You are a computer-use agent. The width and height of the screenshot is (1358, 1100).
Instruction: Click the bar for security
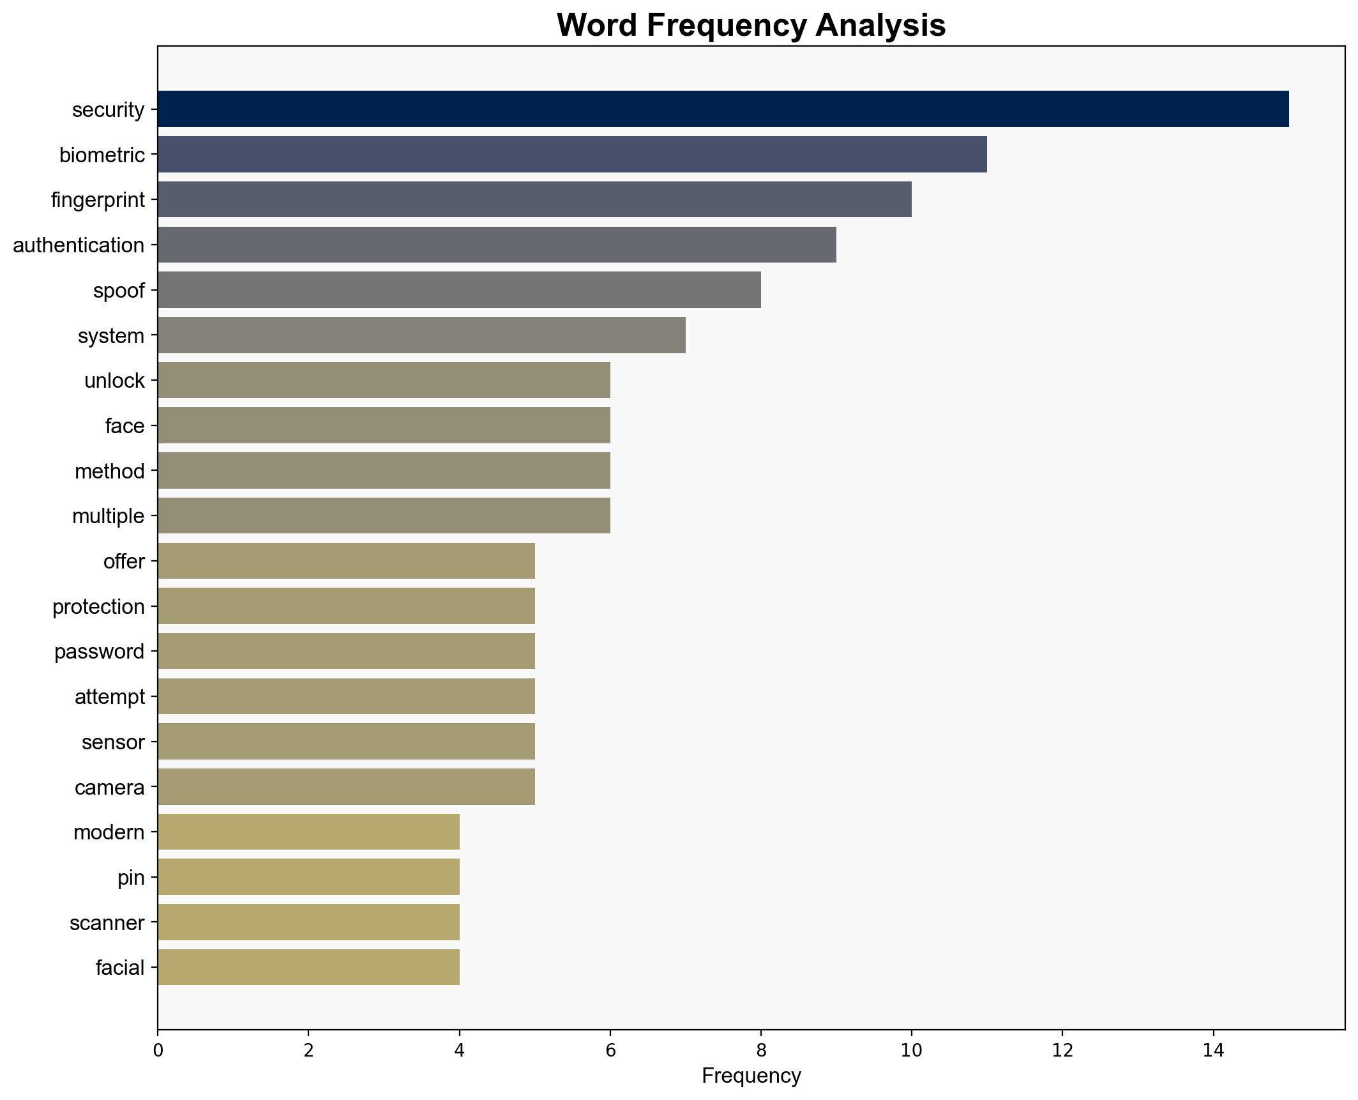pyautogui.click(x=723, y=109)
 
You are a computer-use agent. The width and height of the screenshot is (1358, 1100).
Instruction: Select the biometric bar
pyautogui.click(x=572, y=155)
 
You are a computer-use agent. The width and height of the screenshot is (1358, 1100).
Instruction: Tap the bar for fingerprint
pyautogui.click(x=534, y=199)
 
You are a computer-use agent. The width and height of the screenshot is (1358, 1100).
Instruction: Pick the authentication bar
pyautogui.click(x=497, y=245)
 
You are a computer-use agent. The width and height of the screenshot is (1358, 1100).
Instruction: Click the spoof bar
pyautogui.click(x=459, y=290)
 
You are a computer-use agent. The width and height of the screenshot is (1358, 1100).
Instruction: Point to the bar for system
pyautogui.click(x=421, y=335)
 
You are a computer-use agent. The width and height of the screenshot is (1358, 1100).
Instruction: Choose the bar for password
pyautogui.click(x=346, y=651)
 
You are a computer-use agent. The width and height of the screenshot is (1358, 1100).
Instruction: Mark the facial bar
pyautogui.click(x=308, y=967)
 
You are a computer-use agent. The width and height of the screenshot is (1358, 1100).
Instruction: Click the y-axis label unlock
pyautogui.click(x=114, y=381)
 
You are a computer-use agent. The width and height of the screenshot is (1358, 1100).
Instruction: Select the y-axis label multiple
pyautogui.click(x=108, y=516)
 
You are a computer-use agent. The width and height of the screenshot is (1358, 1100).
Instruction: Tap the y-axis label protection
pyautogui.click(x=98, y=607)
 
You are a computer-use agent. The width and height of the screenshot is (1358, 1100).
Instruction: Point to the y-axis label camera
pyautogui.click(x=109, y=788)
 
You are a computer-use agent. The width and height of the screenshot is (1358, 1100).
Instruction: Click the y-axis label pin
pyautogui.click(x=131, y=878)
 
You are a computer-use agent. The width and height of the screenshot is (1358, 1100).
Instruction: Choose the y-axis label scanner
pyautogui.click(x=107, y=923)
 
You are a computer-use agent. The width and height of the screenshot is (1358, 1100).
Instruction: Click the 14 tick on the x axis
pyautogui.click(x=1213, y=1051)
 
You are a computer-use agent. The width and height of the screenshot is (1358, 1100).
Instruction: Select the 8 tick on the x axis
pyautogui.click(x=760, y=1051)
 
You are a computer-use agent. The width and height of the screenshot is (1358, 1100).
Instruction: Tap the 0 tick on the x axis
pyautogui.click(x=158, y=1051)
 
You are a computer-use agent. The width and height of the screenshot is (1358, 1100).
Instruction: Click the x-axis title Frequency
pyautogui.click(x=751, y=1076)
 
